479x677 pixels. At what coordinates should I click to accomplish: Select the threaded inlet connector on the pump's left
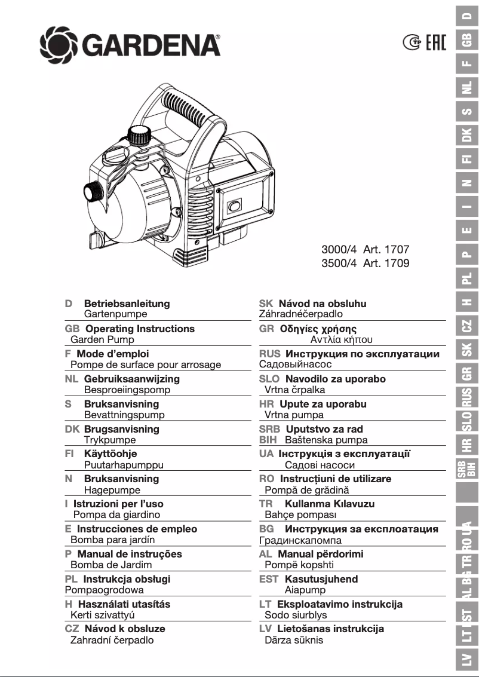point(93,193)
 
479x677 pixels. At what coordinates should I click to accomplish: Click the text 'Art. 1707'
point(386,250)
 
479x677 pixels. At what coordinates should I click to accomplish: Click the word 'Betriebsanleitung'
point(127,304)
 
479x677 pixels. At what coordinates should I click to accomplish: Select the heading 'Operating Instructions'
point(140,329)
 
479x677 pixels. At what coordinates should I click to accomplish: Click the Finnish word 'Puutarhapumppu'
point(124,464)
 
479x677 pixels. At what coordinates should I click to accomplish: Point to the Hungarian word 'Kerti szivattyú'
point(102,615)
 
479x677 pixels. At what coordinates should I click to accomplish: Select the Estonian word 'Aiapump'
point(305,590)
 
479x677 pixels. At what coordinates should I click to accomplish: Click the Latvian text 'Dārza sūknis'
point(294,640)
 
